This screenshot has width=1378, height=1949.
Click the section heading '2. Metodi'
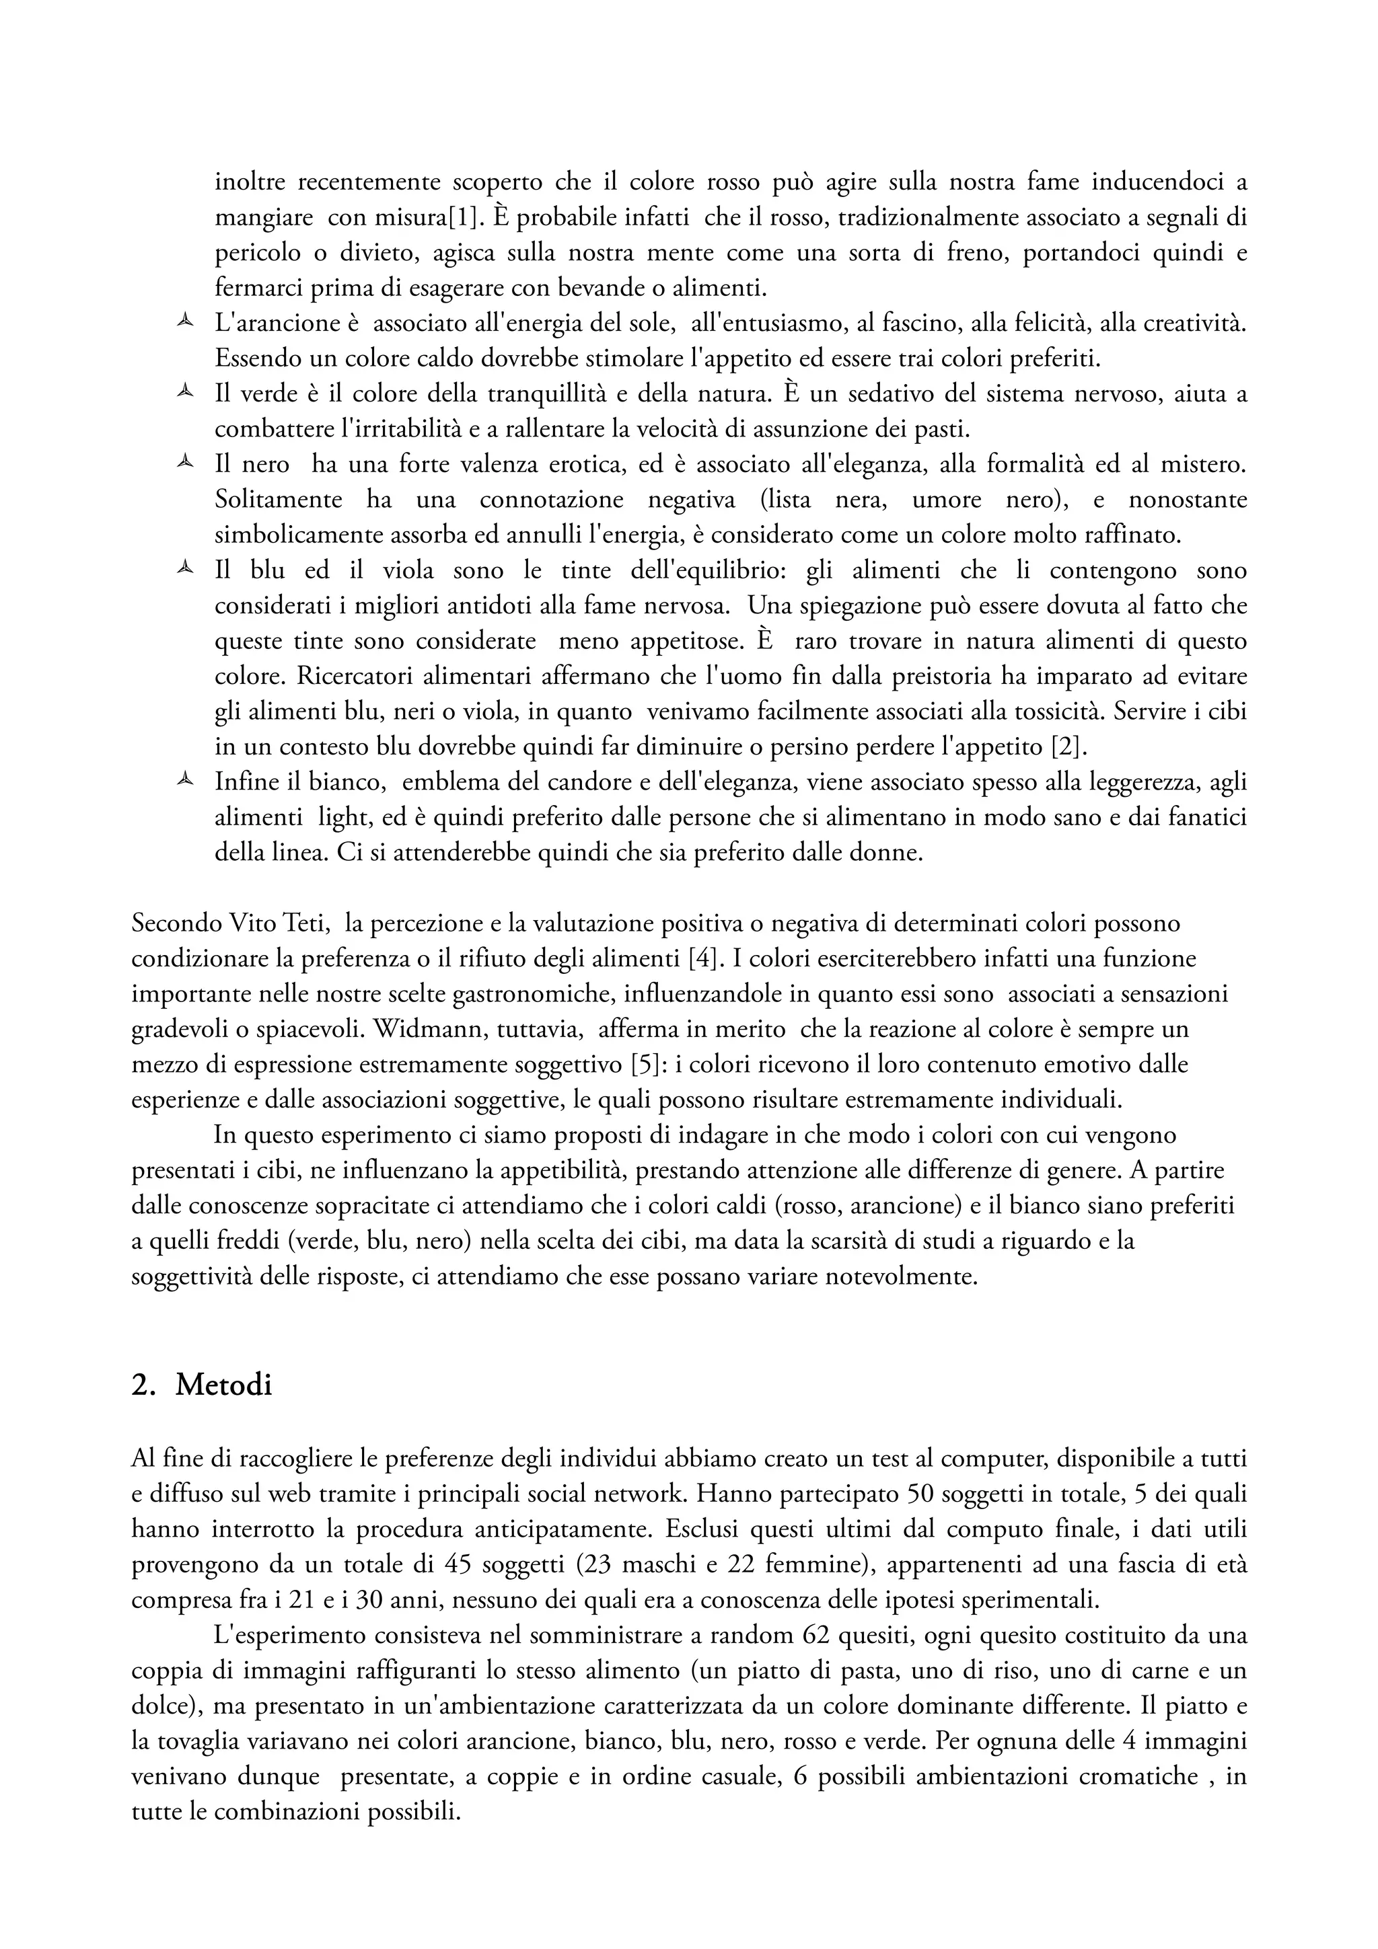(201, 1385)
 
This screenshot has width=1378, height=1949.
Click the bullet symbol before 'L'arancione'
(184, 321)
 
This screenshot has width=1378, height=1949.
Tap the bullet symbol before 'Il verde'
(184, 392)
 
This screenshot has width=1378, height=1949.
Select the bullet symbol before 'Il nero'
(184, 463)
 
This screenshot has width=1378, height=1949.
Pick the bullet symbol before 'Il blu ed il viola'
(184, 569)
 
